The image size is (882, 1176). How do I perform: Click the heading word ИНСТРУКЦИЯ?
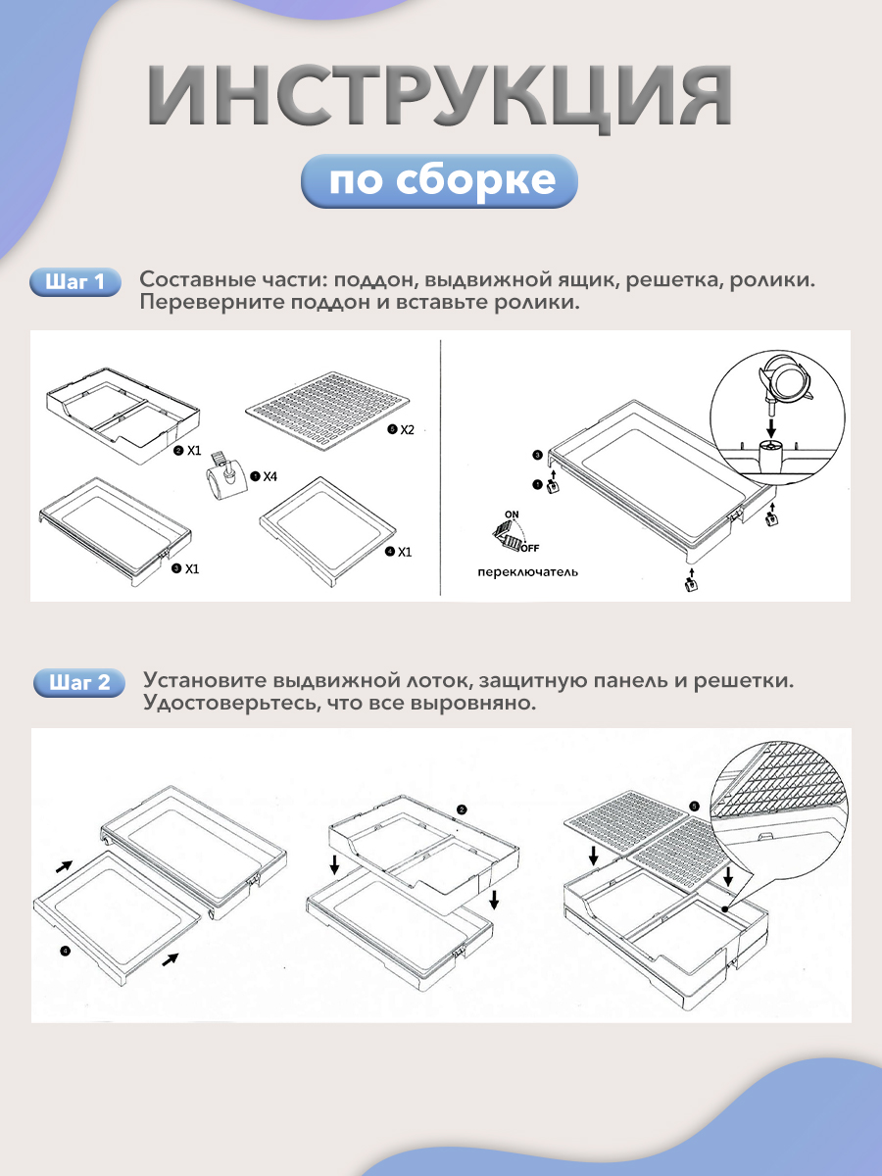(x=439, y=96)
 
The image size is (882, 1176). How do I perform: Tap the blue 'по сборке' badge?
(x=439, y=180)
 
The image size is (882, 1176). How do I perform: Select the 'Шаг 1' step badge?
(x=75, y=282)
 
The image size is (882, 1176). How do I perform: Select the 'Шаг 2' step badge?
(x=79, y=682)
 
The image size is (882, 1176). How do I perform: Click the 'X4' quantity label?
(x=269, y=476)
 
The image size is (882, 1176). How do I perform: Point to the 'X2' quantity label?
(x=407, y=429)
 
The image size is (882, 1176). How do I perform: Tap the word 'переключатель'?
(x=527, y=572)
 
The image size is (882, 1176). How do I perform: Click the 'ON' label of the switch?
(x=512, y=514)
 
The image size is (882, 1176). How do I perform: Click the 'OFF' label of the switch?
(x=529, y=548)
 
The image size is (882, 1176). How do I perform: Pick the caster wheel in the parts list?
(x=227, y=474)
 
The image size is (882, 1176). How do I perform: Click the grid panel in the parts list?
(x=327, y=411)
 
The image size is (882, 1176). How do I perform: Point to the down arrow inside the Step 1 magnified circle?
(x=770, y=426)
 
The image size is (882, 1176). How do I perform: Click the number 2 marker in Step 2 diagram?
(x=462, y=809)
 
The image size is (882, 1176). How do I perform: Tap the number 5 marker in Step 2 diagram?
(x=695, y=807)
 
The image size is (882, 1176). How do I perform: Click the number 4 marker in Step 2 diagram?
(x=65, y=951)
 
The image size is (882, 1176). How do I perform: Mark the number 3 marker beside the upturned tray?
(x=538, y=455)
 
